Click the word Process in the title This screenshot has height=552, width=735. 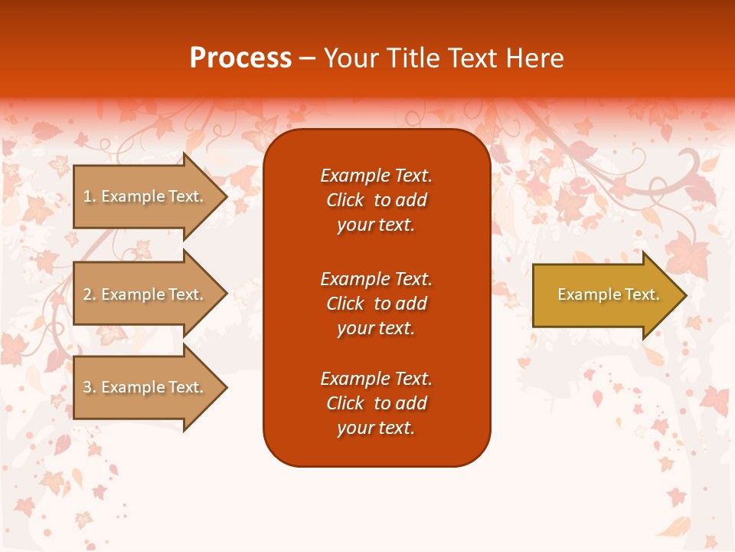coord(240,58)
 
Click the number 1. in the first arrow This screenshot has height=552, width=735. coord(90,196)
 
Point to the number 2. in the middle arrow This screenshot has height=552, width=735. coord(90,294)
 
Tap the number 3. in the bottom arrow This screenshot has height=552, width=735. coord(90,387)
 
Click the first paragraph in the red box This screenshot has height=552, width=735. coord(376,200)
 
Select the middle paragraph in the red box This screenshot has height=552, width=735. coord(376,304)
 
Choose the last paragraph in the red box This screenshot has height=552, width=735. coord(376,403)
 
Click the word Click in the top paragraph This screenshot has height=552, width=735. coord(345,200)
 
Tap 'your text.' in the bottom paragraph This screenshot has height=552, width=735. coord(376,429)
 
